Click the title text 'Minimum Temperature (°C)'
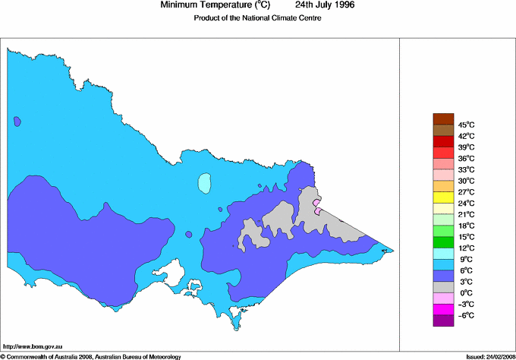pos(216,5)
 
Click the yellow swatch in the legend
pos(442,197)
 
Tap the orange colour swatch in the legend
pos(442,185)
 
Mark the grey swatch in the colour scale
pos(442,286)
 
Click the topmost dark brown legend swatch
pos(442,118)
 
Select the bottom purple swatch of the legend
pos(442,321)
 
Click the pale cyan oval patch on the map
pos(203,183)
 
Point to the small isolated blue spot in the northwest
pos(17,121)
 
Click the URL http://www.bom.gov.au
pos(33,346)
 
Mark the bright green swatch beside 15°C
pos(442,242)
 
